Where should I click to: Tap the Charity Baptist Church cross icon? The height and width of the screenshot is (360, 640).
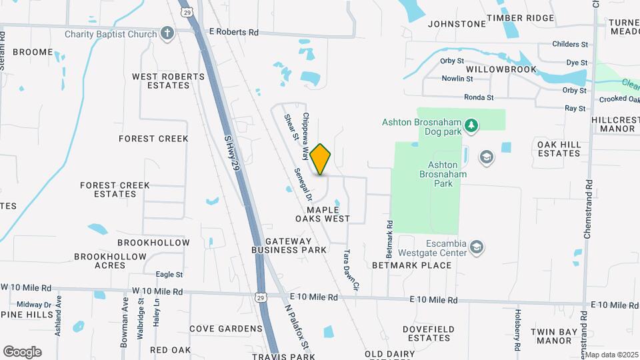coord(167,33)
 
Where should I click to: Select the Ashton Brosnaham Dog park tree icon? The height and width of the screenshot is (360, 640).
coord(471,124)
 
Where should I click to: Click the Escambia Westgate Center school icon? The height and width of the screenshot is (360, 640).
coord(476,248)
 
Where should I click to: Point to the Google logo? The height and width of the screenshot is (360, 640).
coord(22,352)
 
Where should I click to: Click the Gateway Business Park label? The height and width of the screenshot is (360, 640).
coord(289,245)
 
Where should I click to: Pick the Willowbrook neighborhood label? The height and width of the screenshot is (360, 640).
coord(501,69)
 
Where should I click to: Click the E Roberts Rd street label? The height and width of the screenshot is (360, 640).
coord(233,31)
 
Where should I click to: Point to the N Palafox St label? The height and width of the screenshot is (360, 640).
coord(297,327)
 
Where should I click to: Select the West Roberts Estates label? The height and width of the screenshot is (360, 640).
coord(168,81)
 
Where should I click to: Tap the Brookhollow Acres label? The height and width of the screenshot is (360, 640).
coord(110,261)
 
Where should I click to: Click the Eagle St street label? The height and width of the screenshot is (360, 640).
coord(169,274)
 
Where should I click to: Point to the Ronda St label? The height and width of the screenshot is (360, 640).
coord(479,97)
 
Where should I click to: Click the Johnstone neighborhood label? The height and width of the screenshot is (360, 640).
coord(457,23)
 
